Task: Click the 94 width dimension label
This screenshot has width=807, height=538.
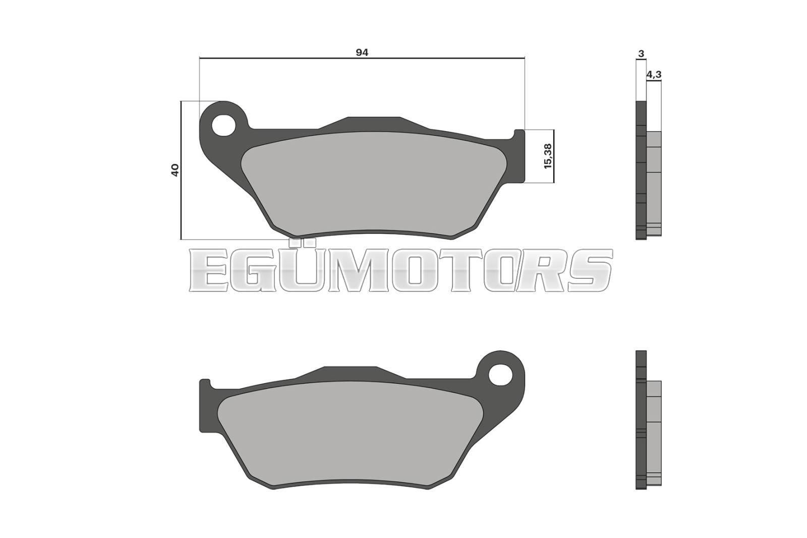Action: (362, 52)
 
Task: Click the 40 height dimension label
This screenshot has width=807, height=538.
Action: (175, 170)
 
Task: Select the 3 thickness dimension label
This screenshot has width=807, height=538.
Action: (641, 54)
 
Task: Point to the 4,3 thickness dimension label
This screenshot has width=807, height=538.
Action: (654, 75)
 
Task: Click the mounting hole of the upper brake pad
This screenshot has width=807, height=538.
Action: (223, 126)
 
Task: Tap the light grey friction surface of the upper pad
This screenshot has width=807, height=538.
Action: (372, 184)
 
